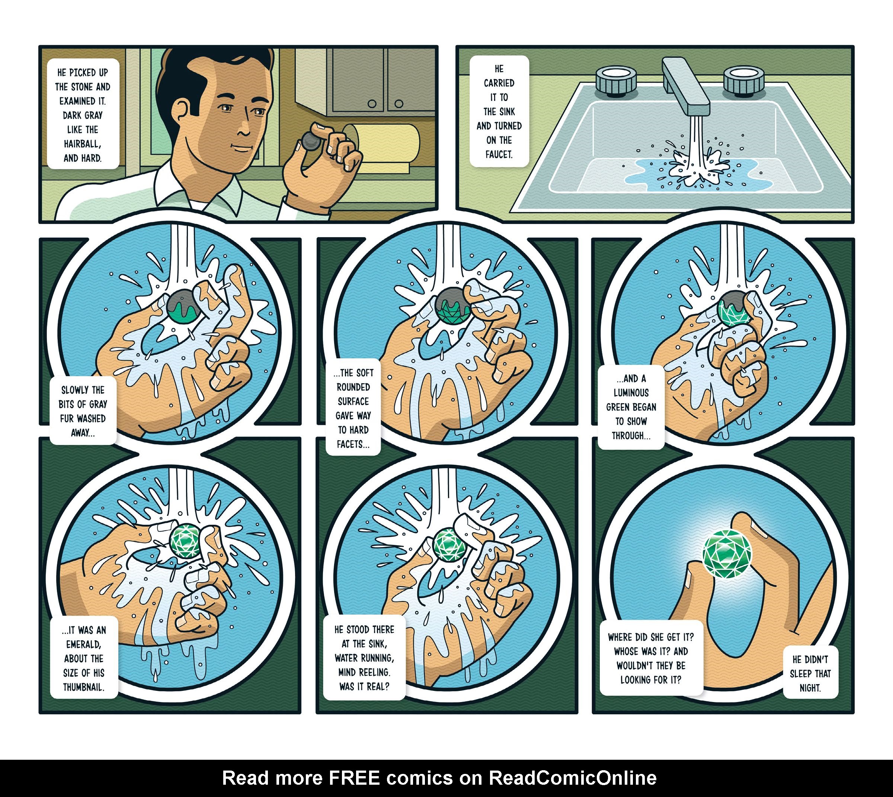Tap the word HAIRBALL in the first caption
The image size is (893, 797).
pyautogui.click(x=82, y=144)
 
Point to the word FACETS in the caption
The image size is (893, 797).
pyautogui.click(x=352, y=444)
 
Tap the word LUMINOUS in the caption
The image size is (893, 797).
pyautogui.click(x=631, y=393)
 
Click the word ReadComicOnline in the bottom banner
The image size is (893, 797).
pyautogui.click(x=572, y=778)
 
